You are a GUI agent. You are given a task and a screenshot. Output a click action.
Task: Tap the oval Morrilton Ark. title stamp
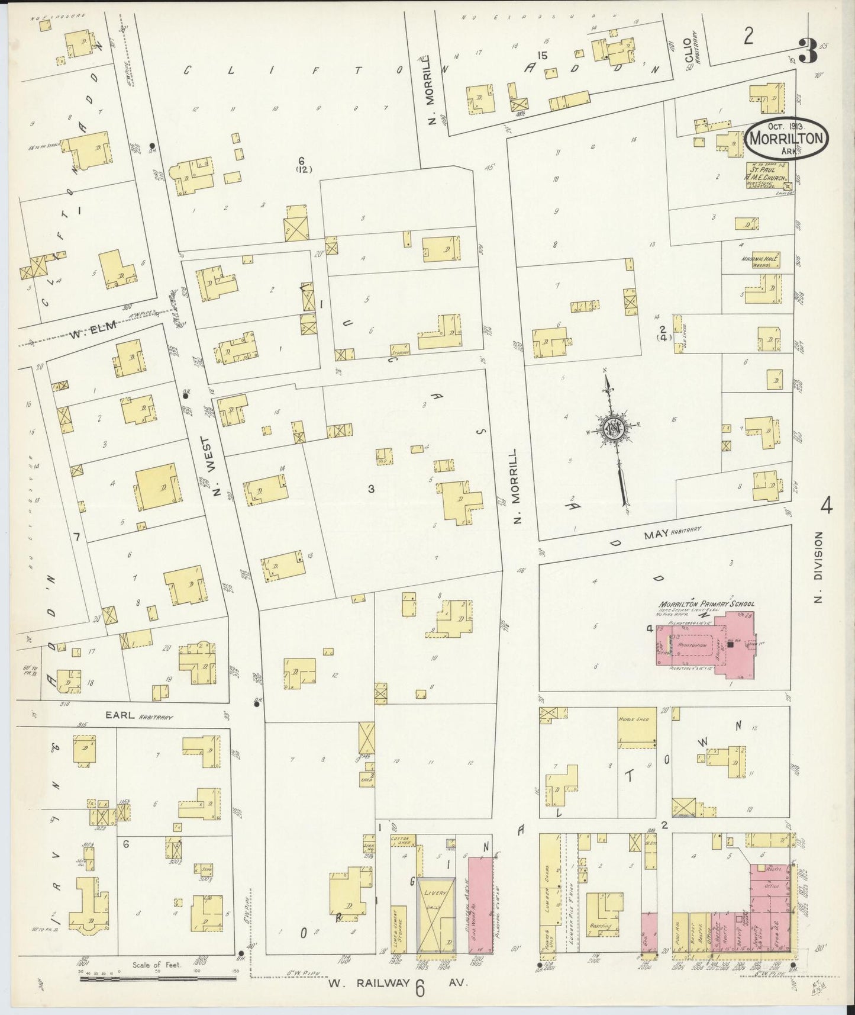click(x=786, y=137)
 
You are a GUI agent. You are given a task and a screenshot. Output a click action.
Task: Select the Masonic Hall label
click(x=760, y=261)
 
